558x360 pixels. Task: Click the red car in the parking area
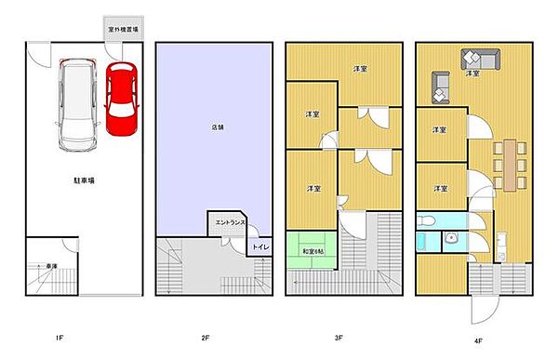pyautogui.click(x=121, y=98)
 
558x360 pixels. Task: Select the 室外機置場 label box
pyautogui.click(x=123, y=30)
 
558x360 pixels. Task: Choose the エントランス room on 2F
pyautogui.click(x=229, y=223)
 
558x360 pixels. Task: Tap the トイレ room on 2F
pyautogui.click(x=260, y=247)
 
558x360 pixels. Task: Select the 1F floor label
pyautogui.click(x=58, y=339)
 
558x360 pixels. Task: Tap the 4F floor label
pyautogui.click(x=477, y=339)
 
